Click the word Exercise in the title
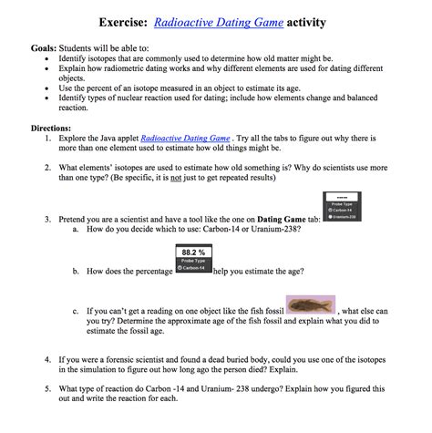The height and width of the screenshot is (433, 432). click(x=128, y=21)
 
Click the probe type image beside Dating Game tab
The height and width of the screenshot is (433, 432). click(x=345, y=208)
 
